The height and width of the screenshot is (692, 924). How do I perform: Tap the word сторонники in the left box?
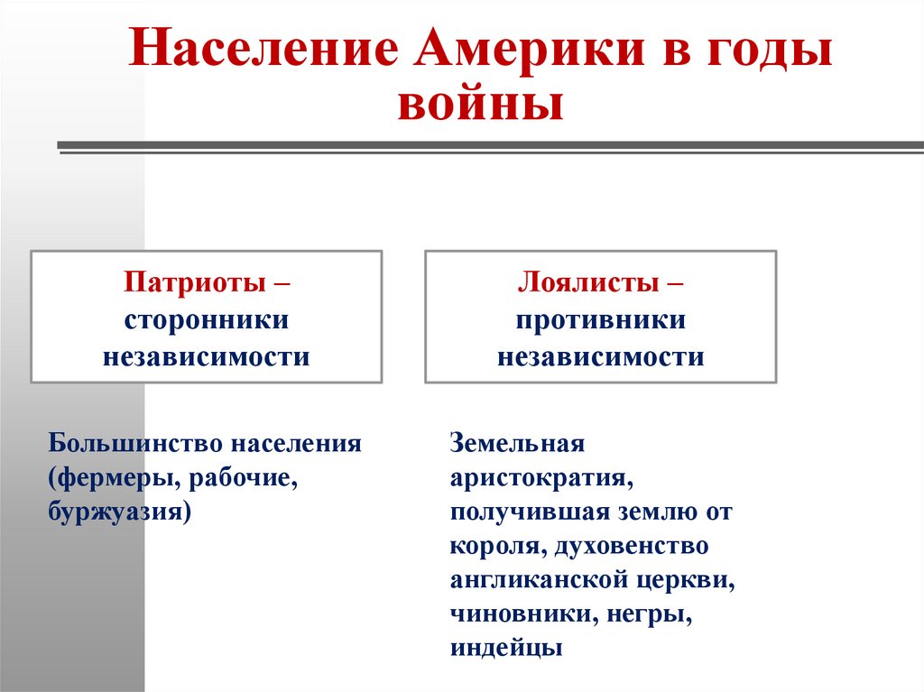click(x=206, y=320)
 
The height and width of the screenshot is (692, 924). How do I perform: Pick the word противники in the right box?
click(x=601, y=320)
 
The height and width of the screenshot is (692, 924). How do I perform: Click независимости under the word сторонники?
click(x=206, y=356)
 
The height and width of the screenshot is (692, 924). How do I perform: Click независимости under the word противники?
click(x=601, y=356)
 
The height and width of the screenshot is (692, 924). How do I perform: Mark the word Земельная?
click(x=518, y=445)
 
